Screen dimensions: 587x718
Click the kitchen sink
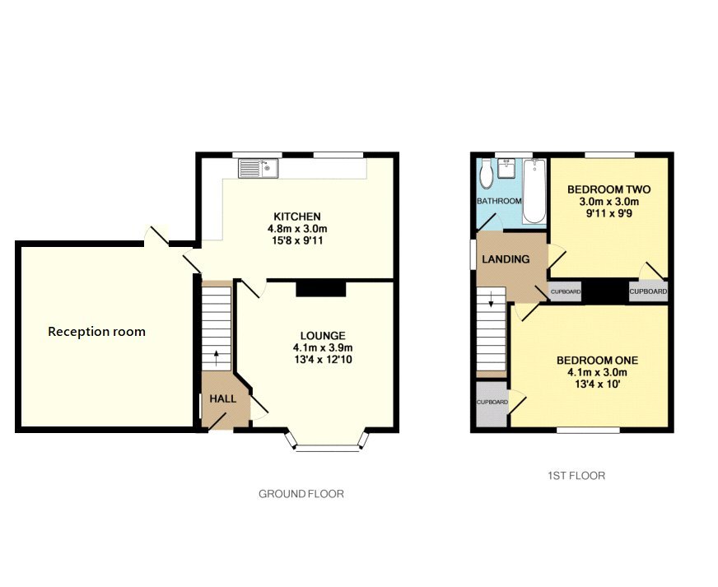(x=259, y=169)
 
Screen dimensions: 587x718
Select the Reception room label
(x=96, y=332)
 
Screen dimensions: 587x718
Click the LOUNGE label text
(x=322, y=335)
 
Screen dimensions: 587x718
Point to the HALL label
(x=222, y=398)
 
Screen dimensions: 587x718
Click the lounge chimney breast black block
(x=320, y=287)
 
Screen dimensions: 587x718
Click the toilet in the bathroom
(x=486, y=174)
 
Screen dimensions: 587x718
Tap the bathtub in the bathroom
(x=534, y=192)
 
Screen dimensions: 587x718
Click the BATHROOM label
(x=499, y=201)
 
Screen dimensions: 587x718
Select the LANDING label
(x=506, y=259)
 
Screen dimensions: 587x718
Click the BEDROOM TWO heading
(x=608, y=189)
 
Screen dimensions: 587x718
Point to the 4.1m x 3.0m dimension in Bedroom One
(x=597, y=372)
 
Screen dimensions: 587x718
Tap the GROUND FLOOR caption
(x=301, y=494)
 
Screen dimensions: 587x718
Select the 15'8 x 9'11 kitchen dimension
(x=297, y=240)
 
